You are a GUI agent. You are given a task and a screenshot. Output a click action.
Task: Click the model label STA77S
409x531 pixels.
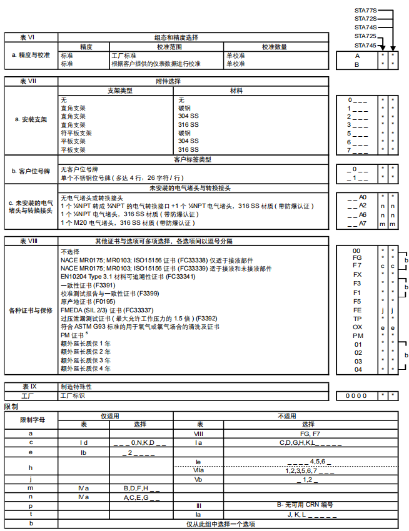tap(365, 10)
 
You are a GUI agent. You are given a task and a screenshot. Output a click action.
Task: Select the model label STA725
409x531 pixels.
tap(365, 36)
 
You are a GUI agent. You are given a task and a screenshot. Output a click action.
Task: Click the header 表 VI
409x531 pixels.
tap(28, 37)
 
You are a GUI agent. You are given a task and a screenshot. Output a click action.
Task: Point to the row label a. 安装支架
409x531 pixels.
tap(30, 119)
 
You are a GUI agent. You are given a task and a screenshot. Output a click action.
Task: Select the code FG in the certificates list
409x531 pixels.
tap(357, 257)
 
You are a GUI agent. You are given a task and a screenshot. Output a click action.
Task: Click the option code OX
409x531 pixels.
tap(357, 327)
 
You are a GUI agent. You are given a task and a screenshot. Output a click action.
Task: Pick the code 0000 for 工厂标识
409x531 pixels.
tap(357, 395)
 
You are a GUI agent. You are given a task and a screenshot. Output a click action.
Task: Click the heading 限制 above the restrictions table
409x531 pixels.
tap(11, 407)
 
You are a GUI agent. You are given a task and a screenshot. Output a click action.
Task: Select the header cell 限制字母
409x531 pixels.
tap(30, 420)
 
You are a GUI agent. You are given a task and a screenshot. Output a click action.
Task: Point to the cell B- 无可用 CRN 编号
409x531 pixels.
tap(309, 505)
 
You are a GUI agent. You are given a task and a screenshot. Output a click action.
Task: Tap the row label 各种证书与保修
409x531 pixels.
tap(30, 310)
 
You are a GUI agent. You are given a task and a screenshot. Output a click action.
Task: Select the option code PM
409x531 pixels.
tap(357, 335)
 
